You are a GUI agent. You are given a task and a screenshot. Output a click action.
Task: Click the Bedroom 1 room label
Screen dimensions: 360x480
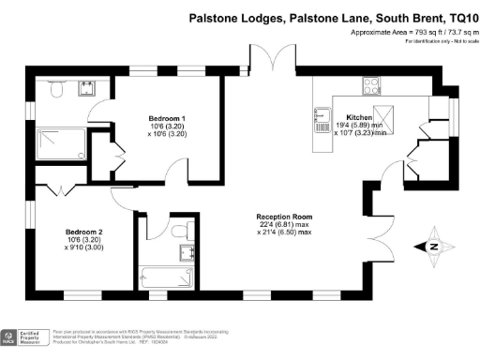pos(169,118)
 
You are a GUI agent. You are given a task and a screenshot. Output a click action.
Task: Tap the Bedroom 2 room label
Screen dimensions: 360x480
pos(82,231)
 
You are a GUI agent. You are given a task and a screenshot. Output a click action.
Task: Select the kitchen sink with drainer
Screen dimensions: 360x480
pos(322,111)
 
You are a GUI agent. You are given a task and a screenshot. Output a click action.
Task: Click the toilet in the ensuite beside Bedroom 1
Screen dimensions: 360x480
pos(55,91)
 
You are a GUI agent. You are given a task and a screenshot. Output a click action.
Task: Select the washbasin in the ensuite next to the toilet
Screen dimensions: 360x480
pos(88,89)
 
